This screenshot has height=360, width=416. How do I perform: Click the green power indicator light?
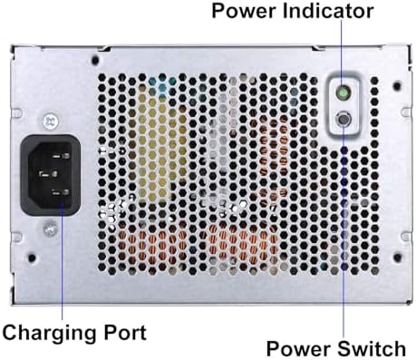click(343, 92)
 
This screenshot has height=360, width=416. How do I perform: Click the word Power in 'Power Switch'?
click(297, 348)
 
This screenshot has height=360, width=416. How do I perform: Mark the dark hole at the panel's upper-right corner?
click(396, 84)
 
